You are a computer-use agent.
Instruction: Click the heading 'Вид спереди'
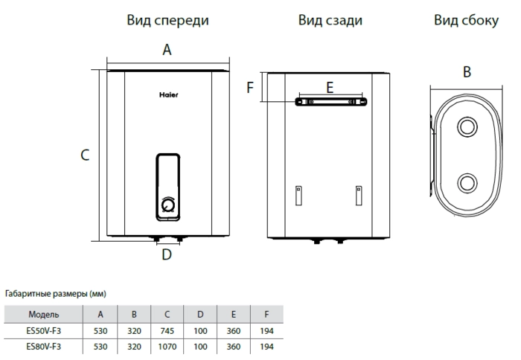coord(167,21)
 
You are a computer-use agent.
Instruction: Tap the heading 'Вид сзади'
coord(330,21)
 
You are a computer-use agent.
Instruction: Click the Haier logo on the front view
coord(168,94)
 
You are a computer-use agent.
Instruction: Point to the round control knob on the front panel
coord(168,203)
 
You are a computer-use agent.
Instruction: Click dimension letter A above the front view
coord(167,51)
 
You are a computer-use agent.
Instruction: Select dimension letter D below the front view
coord(167,255)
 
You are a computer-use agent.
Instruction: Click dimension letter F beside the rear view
coord(251,88)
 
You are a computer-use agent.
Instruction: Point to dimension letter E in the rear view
coord(330,88)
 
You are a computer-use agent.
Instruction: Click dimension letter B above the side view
coord(467,72)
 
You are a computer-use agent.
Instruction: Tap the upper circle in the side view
coord(467,126)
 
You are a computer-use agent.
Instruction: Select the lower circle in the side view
coord(467,182)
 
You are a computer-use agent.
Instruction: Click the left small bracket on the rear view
coord(298,195)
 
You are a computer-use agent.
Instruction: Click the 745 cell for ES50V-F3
coord(167,330)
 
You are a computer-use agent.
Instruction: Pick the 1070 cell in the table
coord(167,347)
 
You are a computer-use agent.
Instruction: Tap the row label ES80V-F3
coord(44,347)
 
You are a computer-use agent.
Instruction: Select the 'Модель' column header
coord(44,314)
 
